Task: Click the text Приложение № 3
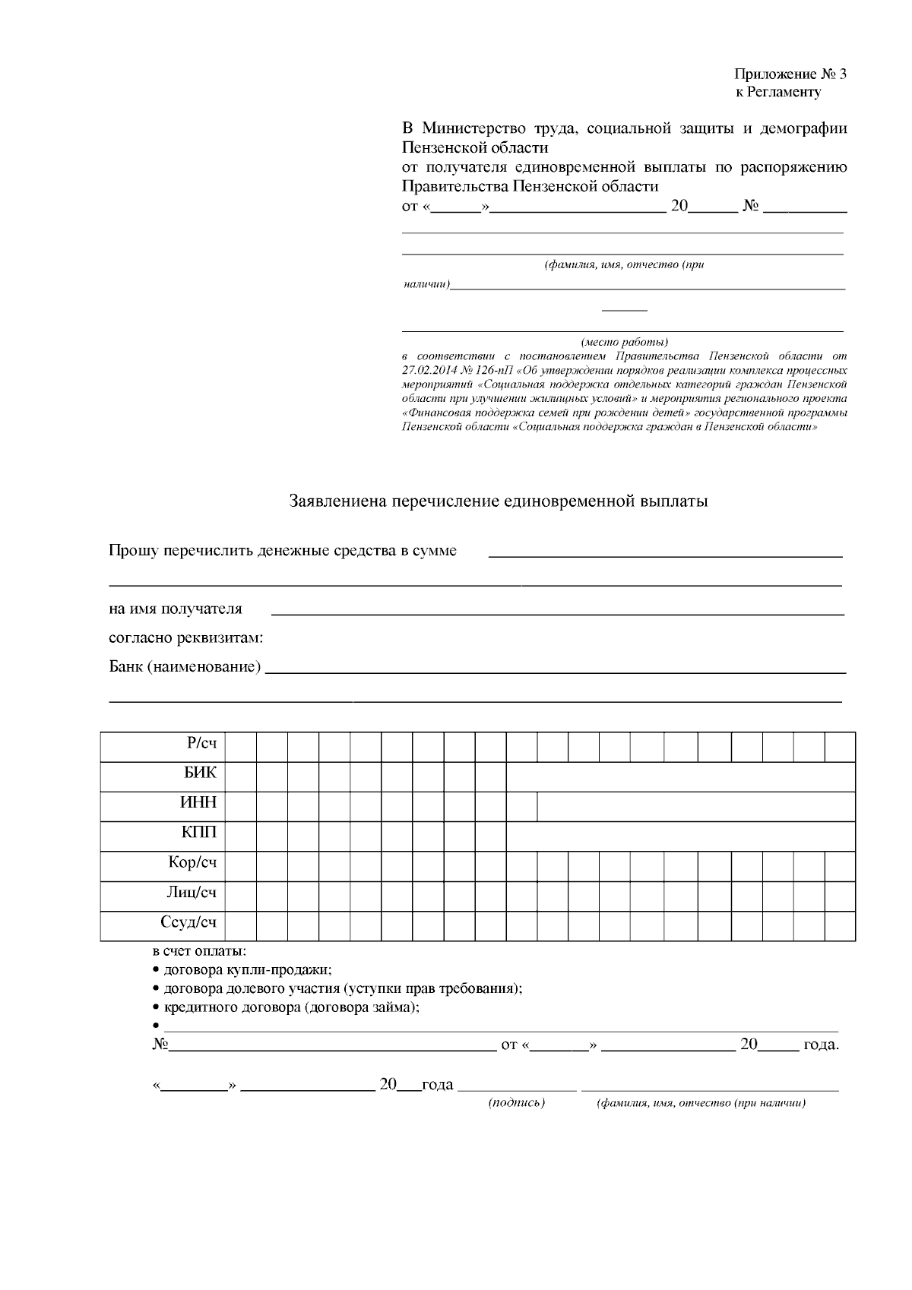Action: [790, 74]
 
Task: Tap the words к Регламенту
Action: [777, 93]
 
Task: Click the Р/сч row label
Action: [201, 744]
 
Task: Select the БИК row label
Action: [200, 773]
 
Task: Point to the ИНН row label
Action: [198, 803]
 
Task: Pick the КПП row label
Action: [198, 833]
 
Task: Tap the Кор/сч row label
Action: [192, 863]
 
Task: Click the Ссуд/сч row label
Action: [188, 923]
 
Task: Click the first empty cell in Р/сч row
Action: [241, 746]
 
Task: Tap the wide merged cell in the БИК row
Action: [680, 776]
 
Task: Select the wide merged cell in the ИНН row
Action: [695, 806]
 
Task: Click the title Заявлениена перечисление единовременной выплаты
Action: [499, 501]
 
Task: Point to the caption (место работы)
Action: [625, 342]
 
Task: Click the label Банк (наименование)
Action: [185, 667]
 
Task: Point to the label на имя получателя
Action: [176, 609]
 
